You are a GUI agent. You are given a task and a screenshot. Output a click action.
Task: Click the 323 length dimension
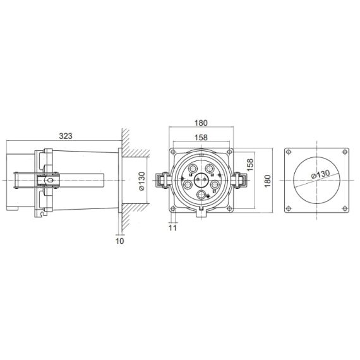(x=66, y=136)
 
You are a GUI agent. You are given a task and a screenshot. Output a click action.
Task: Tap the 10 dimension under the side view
(x=120, y=241)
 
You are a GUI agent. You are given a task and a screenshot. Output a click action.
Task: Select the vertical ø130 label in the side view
(x=142, y=181)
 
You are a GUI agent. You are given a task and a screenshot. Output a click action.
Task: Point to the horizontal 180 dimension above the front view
(x=201, y=123)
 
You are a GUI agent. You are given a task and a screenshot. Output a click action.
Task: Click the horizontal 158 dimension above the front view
(x=201, y=138)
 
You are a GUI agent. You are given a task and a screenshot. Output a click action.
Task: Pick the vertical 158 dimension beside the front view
(x=250, y=164)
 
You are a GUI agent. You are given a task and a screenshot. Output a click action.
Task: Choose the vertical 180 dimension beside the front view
(x=268, y=181)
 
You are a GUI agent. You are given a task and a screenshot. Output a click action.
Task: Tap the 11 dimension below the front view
(x=172, y=228)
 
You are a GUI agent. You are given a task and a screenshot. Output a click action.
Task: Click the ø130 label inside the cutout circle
(x=320, y=174)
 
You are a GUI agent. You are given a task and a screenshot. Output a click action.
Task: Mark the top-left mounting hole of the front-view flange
(x=173, y=152)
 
